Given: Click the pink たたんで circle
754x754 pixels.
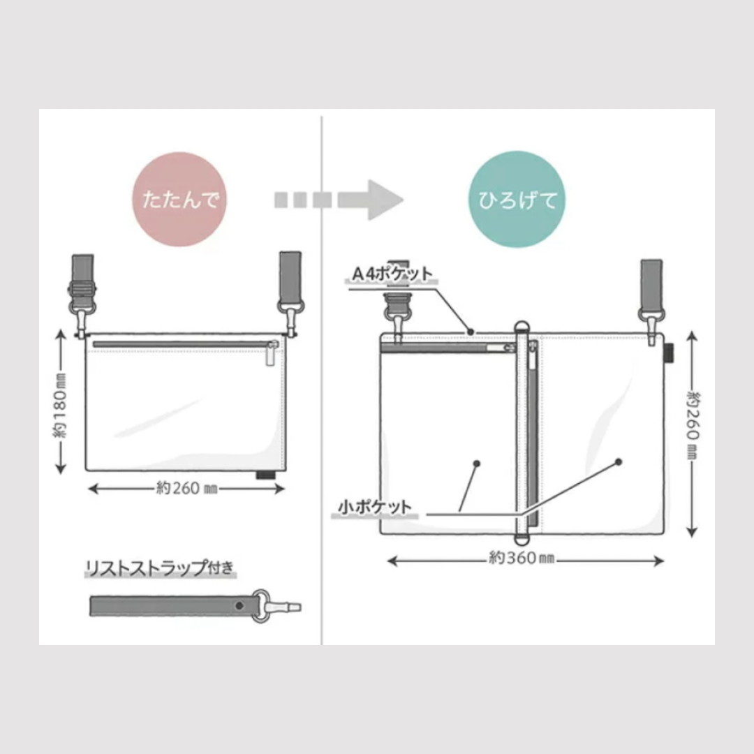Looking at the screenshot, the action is pyautogui.click(x=179, y=200).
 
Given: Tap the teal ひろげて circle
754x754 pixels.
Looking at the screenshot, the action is pyautogui.click(x=517, y=200).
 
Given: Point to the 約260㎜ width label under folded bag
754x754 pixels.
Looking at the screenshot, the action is pyautogui.click(x=187, y=489).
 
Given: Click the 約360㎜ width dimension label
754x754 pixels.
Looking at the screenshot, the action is pyautogui.click(x=522, y=558).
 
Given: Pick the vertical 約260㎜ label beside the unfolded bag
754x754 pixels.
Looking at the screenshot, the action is pyautogui.click(x=693, y=425).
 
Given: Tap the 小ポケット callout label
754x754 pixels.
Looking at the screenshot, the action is pyautogui.click(x=375, y=507).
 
